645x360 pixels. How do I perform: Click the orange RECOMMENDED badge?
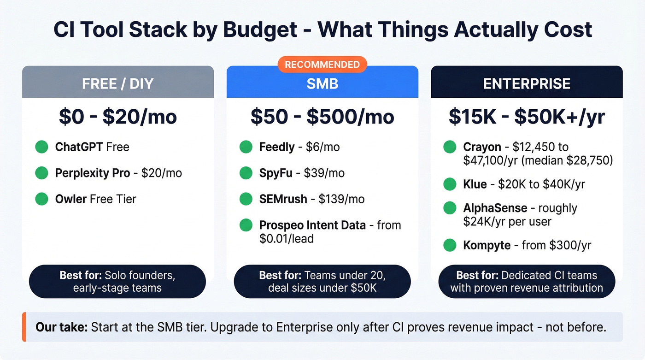coord(322,65)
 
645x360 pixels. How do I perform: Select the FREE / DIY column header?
coord(118,84)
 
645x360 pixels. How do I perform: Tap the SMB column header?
coord(322,84)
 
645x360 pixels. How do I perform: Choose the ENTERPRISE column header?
coord(527,84)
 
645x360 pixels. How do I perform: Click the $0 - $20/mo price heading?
coord(118,117)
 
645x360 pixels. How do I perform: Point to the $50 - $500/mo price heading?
coord(322,117)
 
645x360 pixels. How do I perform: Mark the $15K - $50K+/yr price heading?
coord(527,117)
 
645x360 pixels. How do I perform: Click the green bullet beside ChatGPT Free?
coord(42,148)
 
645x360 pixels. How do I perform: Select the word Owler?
coord(71,199)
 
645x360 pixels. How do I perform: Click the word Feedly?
coord(277,148)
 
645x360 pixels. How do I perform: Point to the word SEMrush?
coord(283,199)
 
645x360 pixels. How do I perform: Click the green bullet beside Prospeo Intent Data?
coord(246,225)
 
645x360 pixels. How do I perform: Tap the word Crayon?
coord(482,148)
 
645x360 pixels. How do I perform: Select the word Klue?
coord(475,184)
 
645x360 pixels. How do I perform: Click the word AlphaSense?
coord(495,208)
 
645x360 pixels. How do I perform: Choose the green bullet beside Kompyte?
coord(450,245)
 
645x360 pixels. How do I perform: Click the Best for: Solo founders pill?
coord(117,282)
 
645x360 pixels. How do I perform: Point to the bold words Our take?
coord(62,328)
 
